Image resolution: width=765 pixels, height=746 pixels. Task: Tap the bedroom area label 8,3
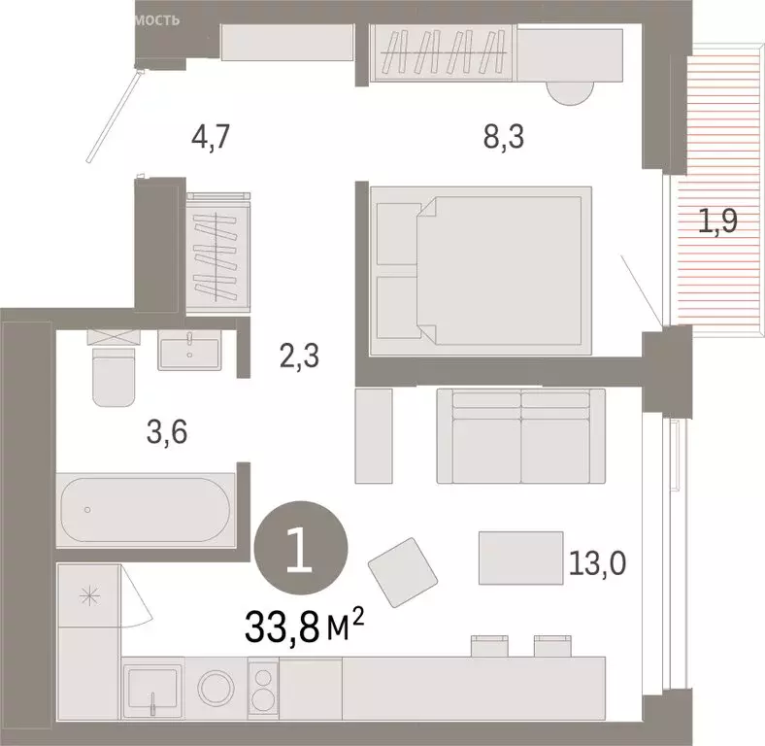coord(503,138)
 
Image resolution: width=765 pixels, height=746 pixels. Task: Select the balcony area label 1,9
coord(718,222)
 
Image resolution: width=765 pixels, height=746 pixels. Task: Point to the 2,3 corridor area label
coord(299,357)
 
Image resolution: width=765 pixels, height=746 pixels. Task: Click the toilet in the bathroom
coord(114,374)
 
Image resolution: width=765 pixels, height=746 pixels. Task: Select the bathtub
coord(145,510)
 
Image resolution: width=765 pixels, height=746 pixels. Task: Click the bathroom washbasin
coord(191,350)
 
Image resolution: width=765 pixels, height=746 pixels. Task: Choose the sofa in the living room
coord(521,435)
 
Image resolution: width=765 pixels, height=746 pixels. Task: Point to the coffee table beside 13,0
coord(521,558)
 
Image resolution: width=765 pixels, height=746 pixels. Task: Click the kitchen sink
coord(152,690)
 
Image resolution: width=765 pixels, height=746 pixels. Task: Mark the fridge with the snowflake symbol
coord(88,595)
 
